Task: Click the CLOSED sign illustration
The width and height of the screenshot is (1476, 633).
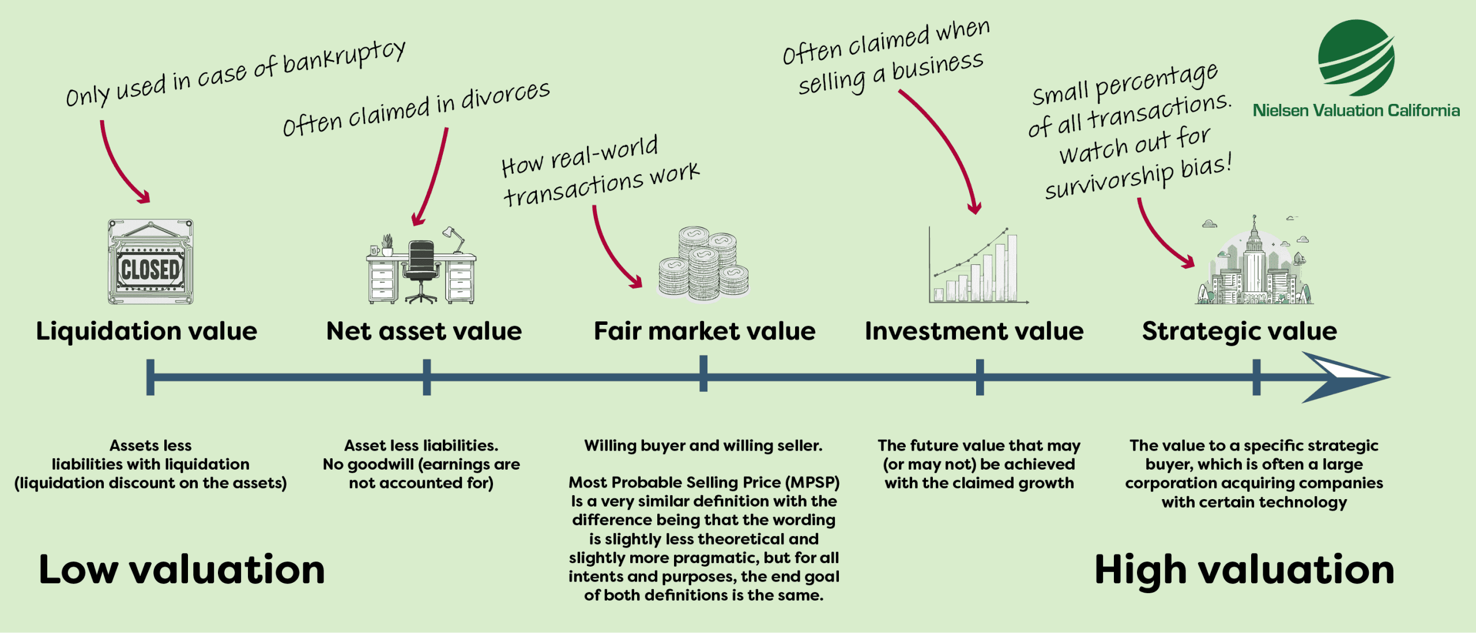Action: (150, 263)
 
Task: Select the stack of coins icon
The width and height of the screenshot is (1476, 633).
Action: (704, 264)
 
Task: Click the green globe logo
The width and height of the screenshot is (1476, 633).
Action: (1356, 58)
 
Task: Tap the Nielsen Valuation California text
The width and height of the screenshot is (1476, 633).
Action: (1356, 110)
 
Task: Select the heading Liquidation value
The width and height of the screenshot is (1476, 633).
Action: (146, 331)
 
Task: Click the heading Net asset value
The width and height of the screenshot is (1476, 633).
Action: (424, 331)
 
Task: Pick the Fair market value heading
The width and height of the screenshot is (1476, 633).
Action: (705, 331)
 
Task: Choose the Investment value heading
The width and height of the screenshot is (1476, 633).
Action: (974, 331)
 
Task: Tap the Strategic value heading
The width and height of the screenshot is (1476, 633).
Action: (1239, 331)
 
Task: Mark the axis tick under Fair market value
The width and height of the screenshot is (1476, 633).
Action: (703, 374)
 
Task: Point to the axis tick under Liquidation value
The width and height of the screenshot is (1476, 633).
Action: (150, 377)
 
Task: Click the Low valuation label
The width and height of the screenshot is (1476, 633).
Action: (182, 570)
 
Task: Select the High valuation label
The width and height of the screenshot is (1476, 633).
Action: (1244, 570)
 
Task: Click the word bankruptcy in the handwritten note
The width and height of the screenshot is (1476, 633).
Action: (344, 58)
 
